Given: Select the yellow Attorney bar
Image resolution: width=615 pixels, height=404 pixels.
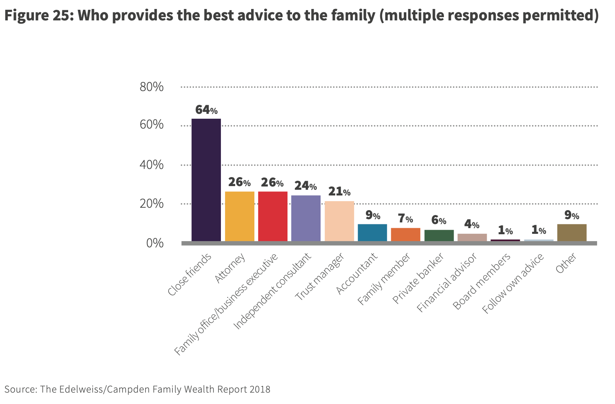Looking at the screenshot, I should pos(240,216).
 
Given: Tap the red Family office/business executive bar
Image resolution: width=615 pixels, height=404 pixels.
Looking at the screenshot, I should pos(273,216).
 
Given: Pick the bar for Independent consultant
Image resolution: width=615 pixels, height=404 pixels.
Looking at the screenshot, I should pos(306,218).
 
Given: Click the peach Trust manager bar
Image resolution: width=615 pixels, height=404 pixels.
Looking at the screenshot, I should pos(339,221).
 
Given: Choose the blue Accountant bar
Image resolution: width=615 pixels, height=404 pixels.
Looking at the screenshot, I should pos(372,233).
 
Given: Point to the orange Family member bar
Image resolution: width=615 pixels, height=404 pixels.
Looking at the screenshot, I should pos(406,235).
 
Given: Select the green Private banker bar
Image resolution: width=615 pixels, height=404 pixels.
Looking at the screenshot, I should pos(439,235).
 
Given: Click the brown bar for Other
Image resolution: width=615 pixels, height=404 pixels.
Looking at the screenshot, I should pos(572,233).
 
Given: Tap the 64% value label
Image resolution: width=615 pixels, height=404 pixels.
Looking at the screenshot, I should pos(206,110).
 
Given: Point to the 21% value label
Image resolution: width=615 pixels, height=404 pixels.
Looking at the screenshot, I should pos(339,191).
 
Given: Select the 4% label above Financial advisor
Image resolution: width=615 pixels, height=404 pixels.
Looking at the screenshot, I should pos(472,224).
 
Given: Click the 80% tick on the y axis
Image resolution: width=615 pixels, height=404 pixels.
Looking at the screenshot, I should pos(152,87).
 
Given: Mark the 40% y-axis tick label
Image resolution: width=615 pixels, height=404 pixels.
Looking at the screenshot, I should pos(152,165).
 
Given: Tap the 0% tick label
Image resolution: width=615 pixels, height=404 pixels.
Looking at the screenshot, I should pos(155,243).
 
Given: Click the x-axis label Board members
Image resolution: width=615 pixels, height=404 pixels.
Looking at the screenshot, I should pos(482,281).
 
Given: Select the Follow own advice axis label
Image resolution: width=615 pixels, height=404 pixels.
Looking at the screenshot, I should pos(513,284).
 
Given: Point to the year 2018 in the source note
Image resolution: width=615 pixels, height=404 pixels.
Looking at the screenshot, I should pos(260,389).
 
